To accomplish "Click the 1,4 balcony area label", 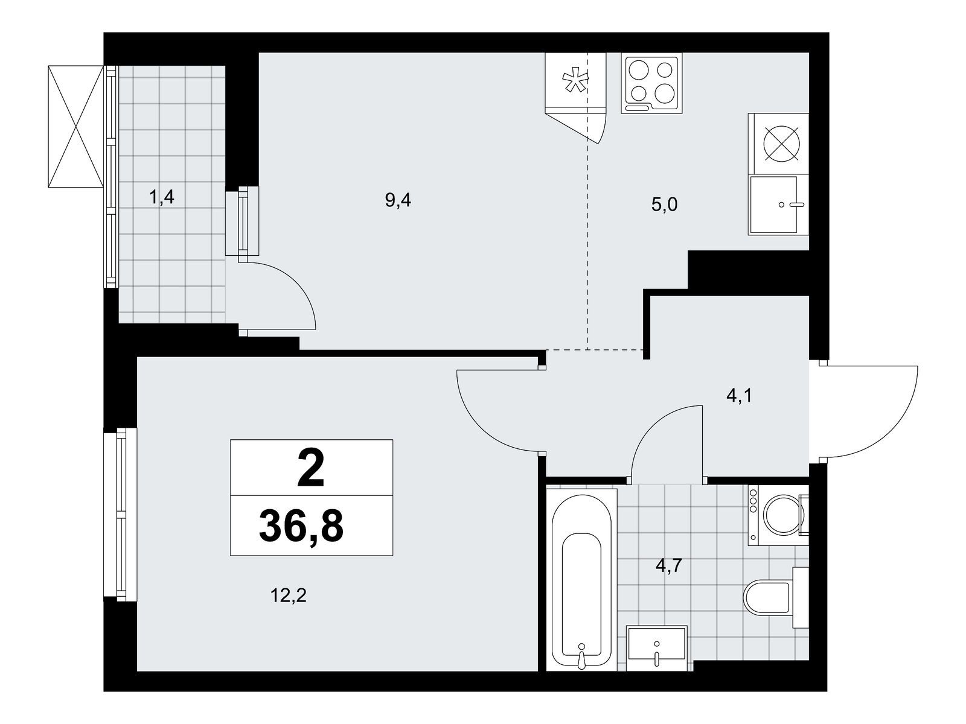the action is (162, 198).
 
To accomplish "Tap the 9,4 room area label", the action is (398, 200).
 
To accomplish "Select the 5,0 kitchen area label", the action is (664, 205).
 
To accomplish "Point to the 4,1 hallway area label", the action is (740, 396).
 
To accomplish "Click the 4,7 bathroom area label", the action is (669, 566).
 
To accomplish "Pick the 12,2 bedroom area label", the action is (288, 596).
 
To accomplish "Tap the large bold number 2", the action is (311, 471).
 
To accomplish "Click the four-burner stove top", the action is (651, 83).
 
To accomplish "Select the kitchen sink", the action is (778, 205).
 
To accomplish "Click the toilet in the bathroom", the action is (776, 597).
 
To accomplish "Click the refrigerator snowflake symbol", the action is (575, 82).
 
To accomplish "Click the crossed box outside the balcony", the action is (75, 126).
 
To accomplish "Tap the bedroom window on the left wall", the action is (121, 515).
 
